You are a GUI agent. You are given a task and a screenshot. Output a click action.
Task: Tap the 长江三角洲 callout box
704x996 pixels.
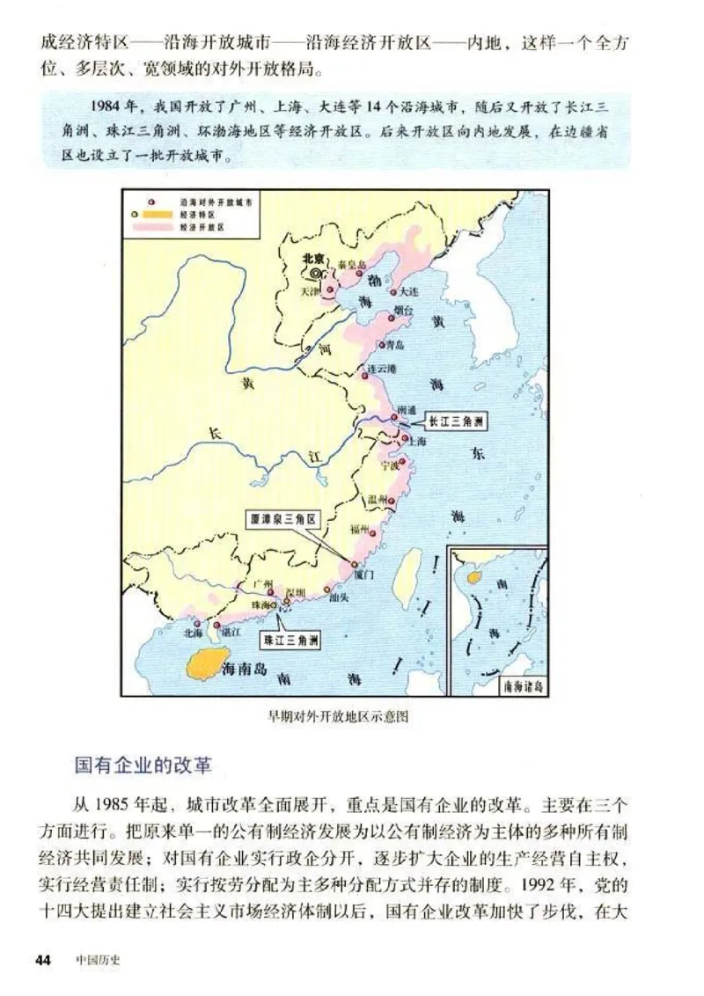pyautogui.click(x=456, y=421)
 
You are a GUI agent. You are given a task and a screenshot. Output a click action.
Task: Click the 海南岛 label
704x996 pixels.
pyautogui.click(x=246, y=668)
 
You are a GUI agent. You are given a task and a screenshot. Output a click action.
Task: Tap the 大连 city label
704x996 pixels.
pyautogui.click(x=407, y=291)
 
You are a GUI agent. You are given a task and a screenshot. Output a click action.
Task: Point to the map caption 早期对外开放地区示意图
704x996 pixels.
pyautogui.click(x=339, y=717)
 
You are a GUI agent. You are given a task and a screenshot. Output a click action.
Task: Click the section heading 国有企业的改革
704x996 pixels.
pyautogui.click(x=143, y=764)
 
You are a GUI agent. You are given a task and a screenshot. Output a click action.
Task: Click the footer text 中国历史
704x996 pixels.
pyautogui.click(x=97, y=959)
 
